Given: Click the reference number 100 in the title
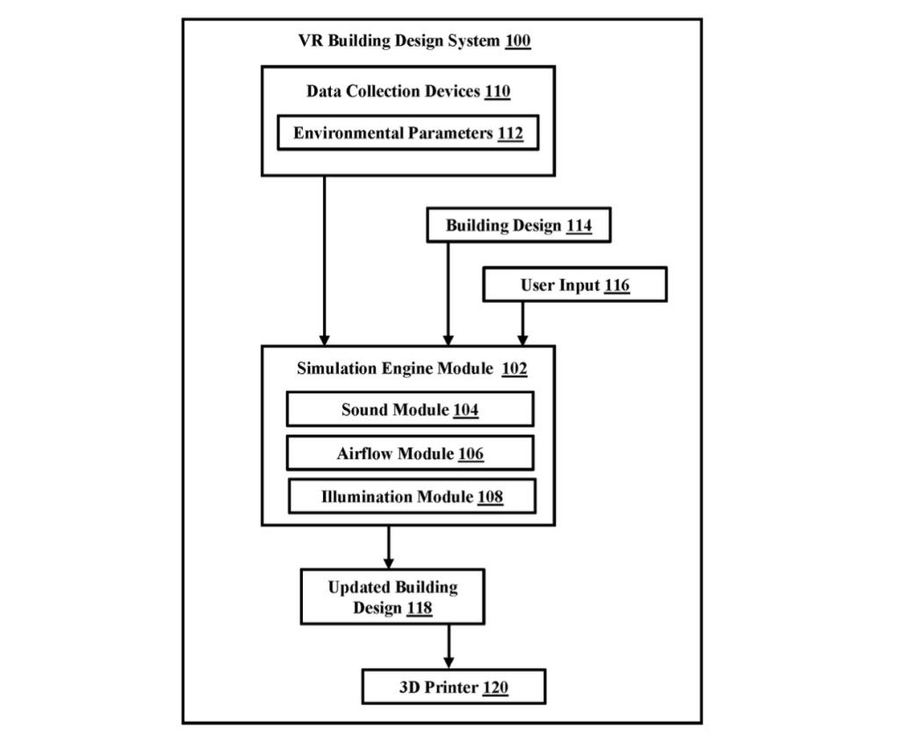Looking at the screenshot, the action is pyautogui.click(x=517, y=40).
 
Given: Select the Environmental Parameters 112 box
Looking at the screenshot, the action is pyautogui.click(x=408, y=133).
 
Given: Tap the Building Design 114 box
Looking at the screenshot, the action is pyautogui.click(x=519, y=225).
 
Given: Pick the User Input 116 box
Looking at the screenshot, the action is pyautogui.click(x=575, y=285).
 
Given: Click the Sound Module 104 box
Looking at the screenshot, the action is pyautogui.click(x=410, y=409).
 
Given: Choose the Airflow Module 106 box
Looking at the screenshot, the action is pyautogui.click(x=410, y=453).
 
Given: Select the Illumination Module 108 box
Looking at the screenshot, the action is pyautogui.click(x=413, y=497).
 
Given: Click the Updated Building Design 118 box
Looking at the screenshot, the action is pyautogui.click(x=392, y=597).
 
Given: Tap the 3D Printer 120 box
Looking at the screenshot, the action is pyautogui.click(x=454, y=687).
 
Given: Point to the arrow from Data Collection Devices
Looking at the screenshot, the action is pyautogui.click(x=325, y=261).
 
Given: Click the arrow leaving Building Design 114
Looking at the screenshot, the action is pyautogui.click(x=449, y=294).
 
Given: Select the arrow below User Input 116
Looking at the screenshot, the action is pyautogui.click(x=522, y=324).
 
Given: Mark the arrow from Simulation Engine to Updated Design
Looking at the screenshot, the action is pyautogui.click(x=389, y=548).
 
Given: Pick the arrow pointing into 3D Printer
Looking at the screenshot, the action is pyautogui.click(x=449, y=647).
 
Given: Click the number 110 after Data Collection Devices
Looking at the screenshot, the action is pyautogui.click(x=497, y=91).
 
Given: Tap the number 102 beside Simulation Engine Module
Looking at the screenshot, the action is pyautogui.click(x=514, y=368).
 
